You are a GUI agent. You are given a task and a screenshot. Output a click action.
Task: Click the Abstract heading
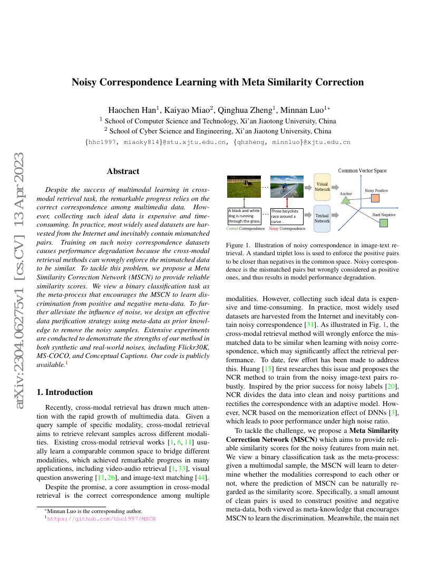tap(123, 171)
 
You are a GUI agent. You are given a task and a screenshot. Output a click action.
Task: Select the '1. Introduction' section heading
tap(64, 392)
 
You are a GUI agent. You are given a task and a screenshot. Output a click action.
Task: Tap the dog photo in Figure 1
tap(244, 187)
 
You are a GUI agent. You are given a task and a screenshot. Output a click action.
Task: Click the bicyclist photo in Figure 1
tap(287, 187)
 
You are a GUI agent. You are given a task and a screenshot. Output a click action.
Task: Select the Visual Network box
tap(322, 187)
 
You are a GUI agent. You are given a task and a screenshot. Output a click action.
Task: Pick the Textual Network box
tap(322, 218)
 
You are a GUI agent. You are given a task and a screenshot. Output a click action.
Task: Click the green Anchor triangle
tap(346, 201)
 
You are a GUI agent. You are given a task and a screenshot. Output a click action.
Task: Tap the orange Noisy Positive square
tap(375, 198)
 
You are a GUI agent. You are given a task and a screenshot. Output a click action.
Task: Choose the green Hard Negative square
tap(384, 223)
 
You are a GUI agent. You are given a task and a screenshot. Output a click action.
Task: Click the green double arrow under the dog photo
tap(244, 203)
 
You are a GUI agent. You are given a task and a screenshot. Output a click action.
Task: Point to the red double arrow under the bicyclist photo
tap(287, 203)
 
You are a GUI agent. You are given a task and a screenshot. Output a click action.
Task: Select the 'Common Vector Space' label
tap(362, 171)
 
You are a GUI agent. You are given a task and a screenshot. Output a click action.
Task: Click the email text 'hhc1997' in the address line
tap(103, 142)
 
